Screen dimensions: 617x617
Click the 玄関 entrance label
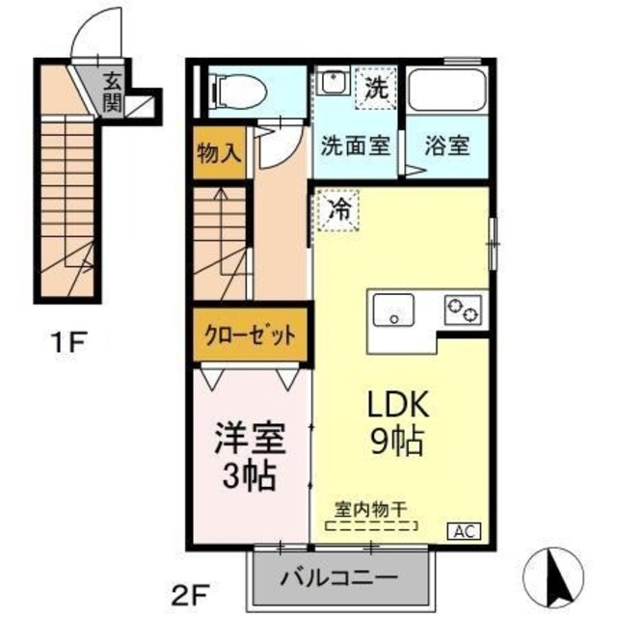click(x=114, y=89)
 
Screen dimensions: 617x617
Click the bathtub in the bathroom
click(x=445, y=91)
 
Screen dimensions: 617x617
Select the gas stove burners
click(x=463, y=310)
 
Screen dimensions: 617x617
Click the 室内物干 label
click(x=371, y=508)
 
